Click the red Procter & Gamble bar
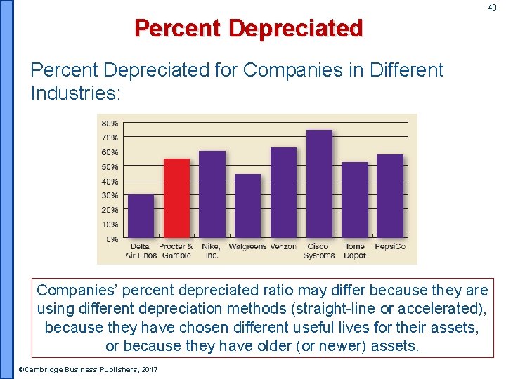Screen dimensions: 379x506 pyautogui.click(x=176, y=198)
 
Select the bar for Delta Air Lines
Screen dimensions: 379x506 pyautogui.click(x=141, y=216)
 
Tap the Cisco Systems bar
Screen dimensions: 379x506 pyautogui.click(x=319, y=184)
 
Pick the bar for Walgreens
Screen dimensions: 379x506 pyautogui.click(x=247, y=206)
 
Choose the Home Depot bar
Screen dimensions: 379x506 pyautogui.click(x=355, y=200)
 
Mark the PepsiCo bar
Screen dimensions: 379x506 pyautogui.click(x=390, y=196)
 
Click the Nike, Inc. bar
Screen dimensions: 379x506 pyautogui.click(x=212, y=194)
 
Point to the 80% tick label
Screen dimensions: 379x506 pyautogui.click(x=110, y=123)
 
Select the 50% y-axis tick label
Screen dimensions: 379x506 pyautogui.click(x=110, y=166)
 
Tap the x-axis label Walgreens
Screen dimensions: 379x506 pyautogui.click(x=247, y=247)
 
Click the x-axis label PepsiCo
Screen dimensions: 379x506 pyautogui.click(x=390, y=247)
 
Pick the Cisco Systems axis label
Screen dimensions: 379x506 pyautogui.click(x=319, y=251)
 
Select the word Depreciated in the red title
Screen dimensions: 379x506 pyautogui.click(x=295, y=29)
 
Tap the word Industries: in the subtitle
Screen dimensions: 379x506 pyautogui.click(x=76, y=93)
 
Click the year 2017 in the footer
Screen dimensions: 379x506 pyautogui.click(x=149, y=369)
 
